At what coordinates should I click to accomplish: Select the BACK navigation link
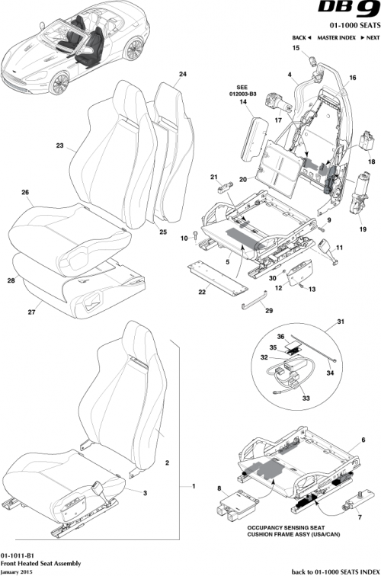[303, 37]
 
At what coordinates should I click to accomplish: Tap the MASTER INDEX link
[338, 37]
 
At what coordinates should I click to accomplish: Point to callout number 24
[182, 75]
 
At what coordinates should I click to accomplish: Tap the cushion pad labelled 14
[258, 138]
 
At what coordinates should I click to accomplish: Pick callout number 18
[371, 162]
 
